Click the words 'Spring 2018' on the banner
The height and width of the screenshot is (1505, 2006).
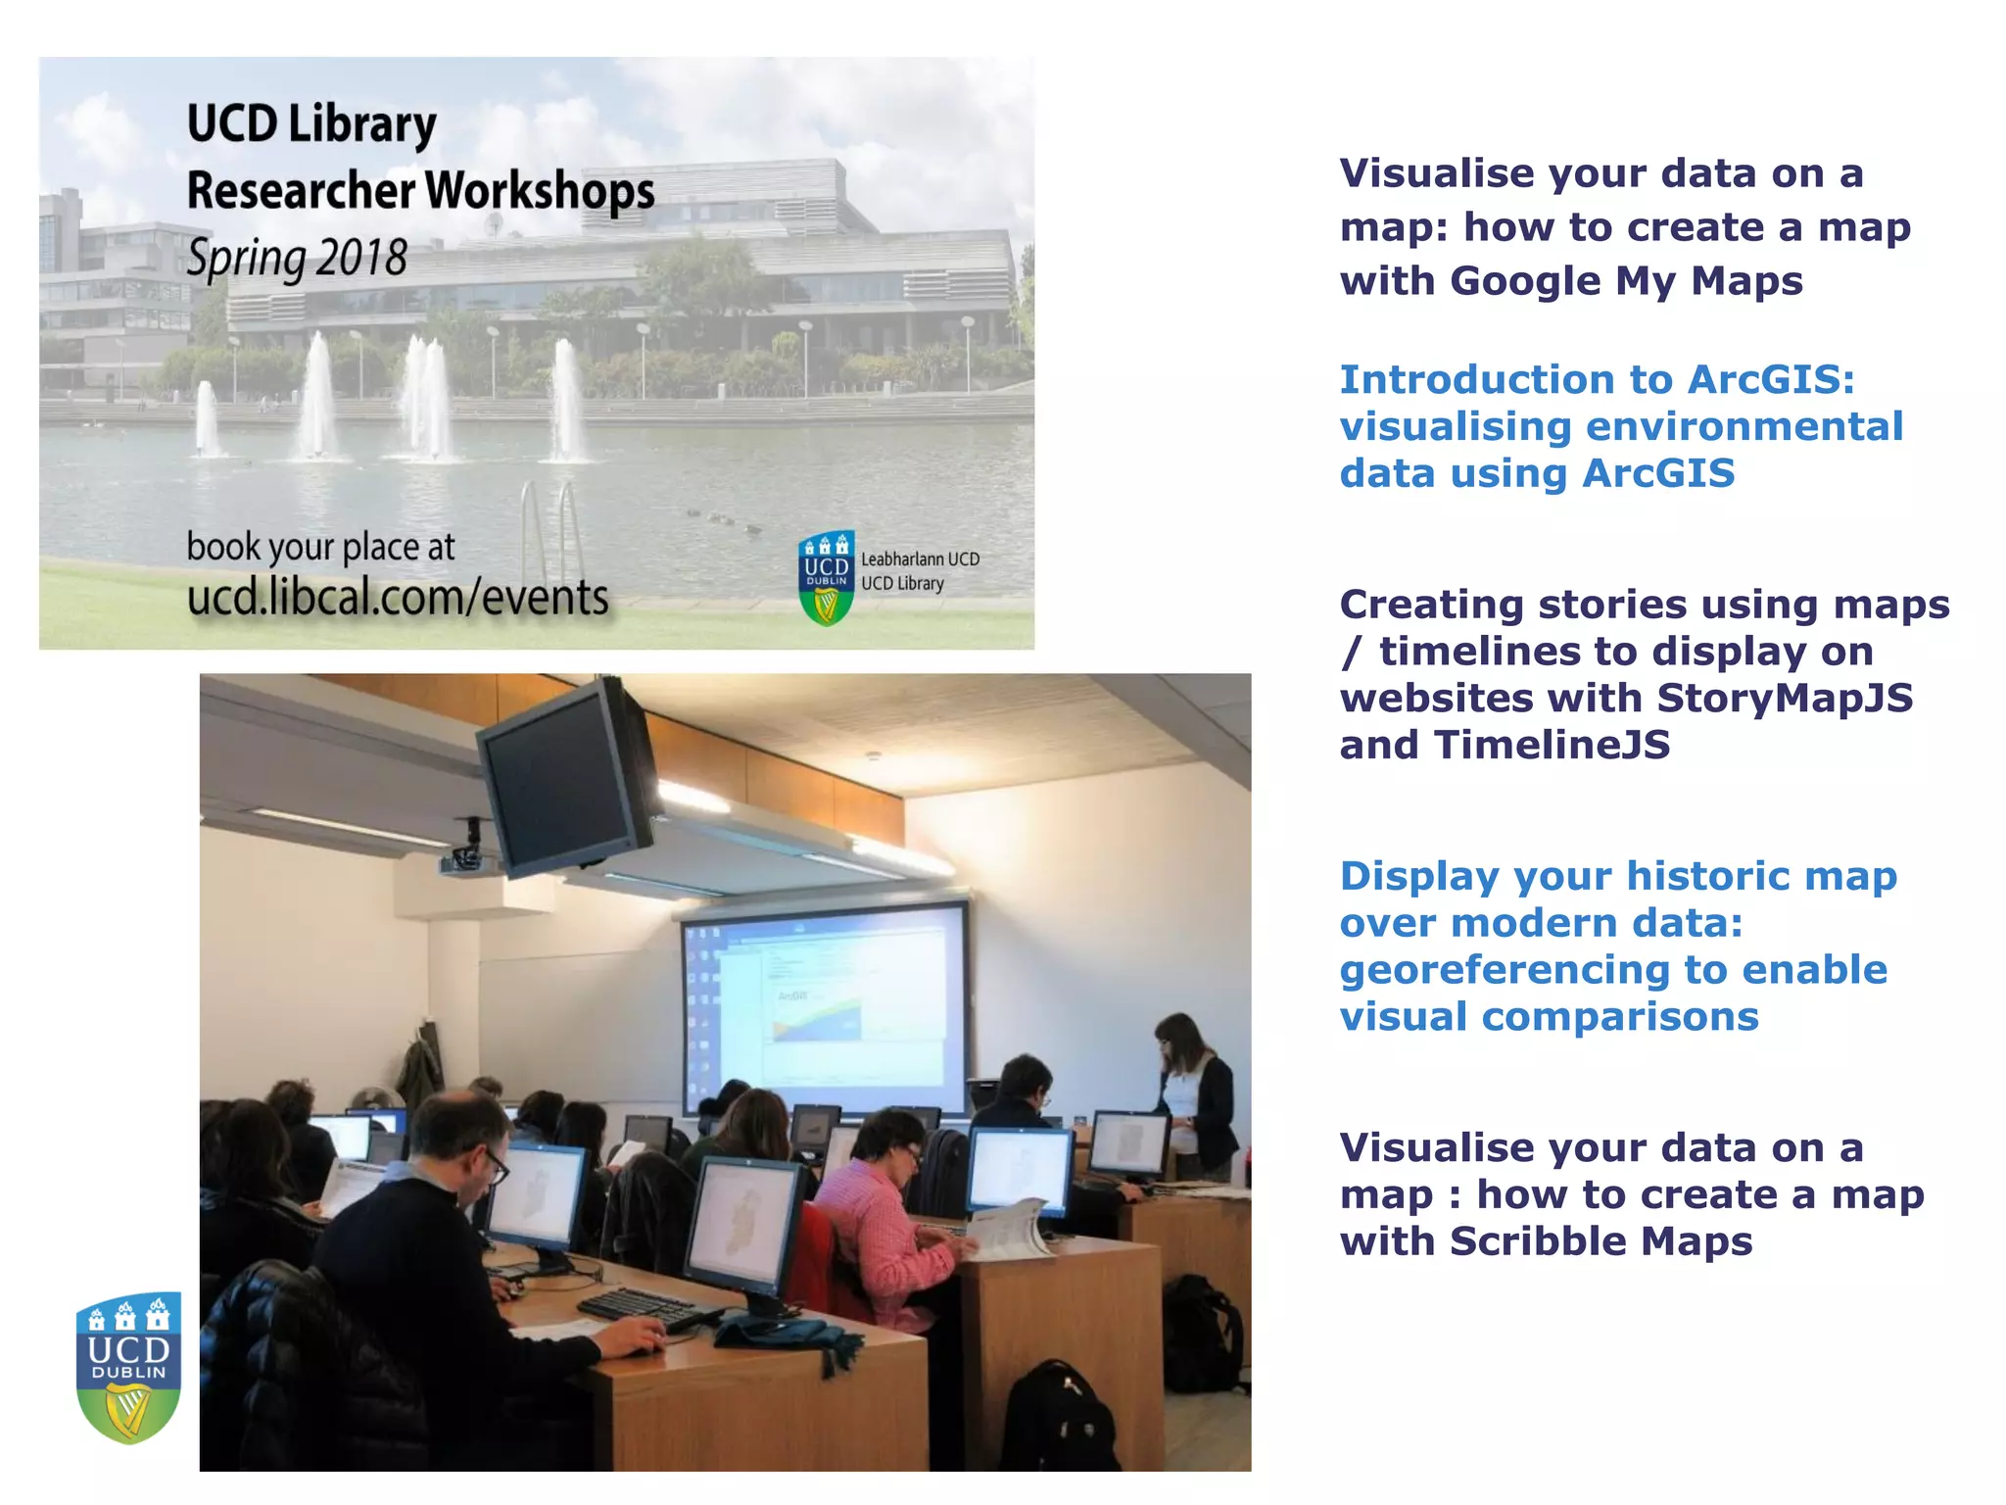297,259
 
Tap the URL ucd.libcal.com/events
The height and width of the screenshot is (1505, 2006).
398,597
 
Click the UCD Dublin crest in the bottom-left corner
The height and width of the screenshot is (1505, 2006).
129,1367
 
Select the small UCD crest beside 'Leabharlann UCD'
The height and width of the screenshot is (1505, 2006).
827,578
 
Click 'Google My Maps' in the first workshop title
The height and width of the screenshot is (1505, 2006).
1626,281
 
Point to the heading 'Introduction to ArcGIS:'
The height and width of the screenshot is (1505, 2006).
1597,380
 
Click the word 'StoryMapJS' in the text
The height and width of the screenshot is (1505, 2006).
1785,699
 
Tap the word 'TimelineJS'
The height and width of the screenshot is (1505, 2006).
1552,746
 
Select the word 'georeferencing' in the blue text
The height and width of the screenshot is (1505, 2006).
1504,970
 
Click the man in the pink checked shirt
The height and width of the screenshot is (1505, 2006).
882,1215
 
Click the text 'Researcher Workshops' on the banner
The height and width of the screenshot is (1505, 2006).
421,190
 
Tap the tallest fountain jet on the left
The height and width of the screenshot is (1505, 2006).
318,397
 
